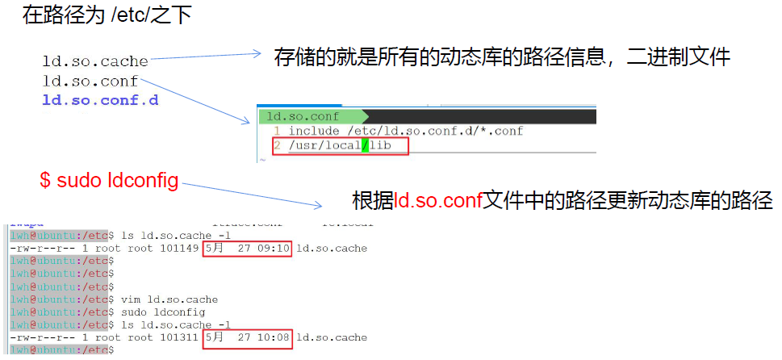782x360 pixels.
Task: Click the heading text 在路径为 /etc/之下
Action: point(107,15)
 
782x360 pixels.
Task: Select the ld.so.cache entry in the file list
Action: point(95,61)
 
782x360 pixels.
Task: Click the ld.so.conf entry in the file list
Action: point(90,82)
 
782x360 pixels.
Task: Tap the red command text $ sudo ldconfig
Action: point(109,180)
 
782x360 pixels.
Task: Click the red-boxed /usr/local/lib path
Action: point(342,146)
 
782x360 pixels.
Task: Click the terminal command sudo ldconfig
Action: point(162,312)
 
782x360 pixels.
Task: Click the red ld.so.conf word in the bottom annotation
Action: point(438,200)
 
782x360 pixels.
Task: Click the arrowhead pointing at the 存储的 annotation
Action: point(257,54)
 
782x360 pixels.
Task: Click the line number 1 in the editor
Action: point(276,132)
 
